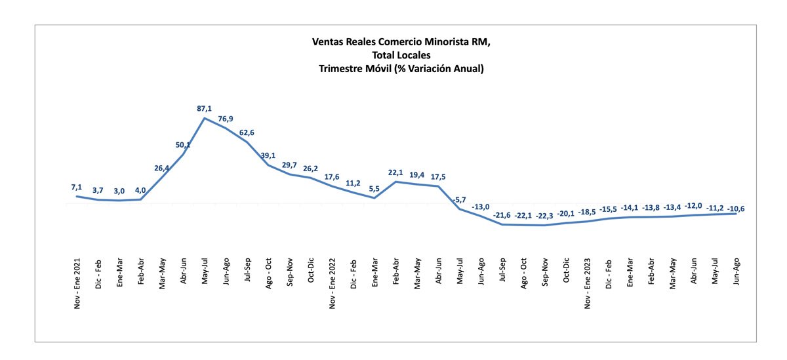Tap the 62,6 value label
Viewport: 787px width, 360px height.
[x=247, y=133]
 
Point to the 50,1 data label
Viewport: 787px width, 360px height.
[x=183, y=145]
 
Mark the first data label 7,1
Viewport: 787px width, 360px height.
[x=77, y=188]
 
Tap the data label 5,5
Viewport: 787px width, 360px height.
[x=374, y=189]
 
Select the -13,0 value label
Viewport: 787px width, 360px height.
[x=481, y=207]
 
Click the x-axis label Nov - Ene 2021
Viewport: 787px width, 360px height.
[x=77, y=282]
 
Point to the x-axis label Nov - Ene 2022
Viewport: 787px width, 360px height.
[x=333, y=282]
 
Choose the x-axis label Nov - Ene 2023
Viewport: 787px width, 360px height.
[x=588, y=282]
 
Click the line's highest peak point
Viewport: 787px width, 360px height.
[x=205, y=118]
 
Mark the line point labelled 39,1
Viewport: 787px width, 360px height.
[x=268, y=164]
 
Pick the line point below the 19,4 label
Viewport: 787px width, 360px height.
[x=417, y=184]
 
